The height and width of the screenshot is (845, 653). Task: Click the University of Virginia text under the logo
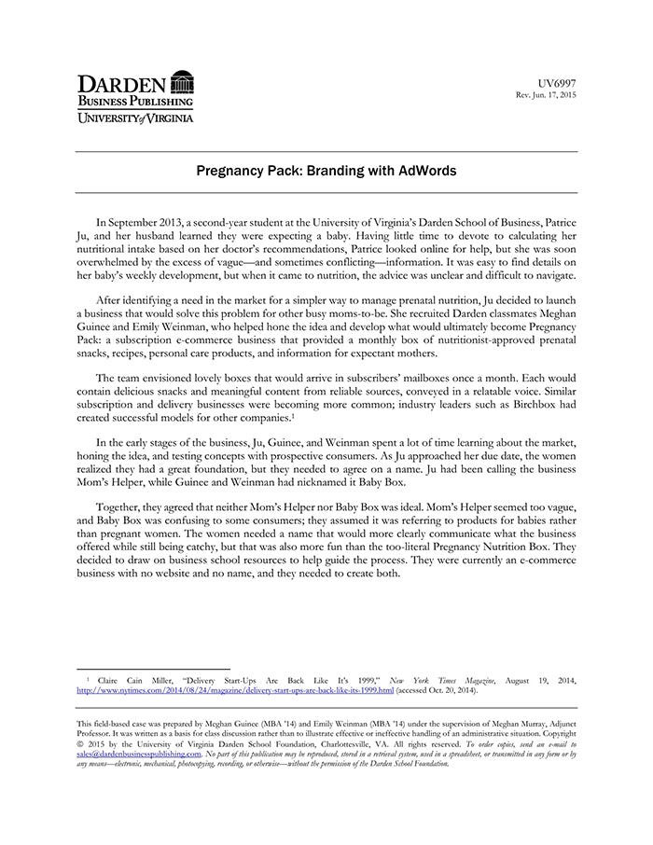(135, 118)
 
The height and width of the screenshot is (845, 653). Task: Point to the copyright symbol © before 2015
(80, 743)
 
